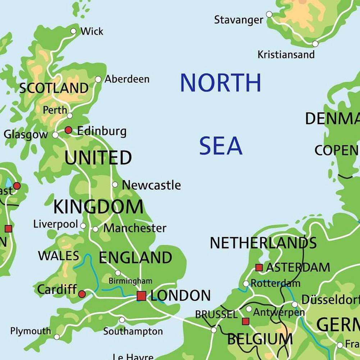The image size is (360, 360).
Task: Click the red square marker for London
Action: pos(141,296)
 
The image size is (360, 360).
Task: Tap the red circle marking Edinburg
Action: pos(68,130)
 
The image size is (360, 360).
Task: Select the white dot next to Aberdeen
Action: pos(98,79)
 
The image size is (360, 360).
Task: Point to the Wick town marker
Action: pos(73,31)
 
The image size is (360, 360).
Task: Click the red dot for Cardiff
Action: pos(82,294)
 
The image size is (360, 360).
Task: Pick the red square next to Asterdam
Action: pos(259,268)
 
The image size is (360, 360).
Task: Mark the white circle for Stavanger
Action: pos(269,14)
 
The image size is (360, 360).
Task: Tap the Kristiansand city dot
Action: pos(315,44)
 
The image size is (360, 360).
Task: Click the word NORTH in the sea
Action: pos(220,83)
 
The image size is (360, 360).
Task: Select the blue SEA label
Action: pos(221,146)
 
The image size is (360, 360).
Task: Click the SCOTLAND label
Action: pos(54,88)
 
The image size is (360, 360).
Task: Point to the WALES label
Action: pos(58,256)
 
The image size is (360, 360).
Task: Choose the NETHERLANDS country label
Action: pos(263,243)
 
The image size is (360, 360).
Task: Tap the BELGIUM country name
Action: pos(260,339)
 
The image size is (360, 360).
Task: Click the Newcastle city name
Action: pos(151,185)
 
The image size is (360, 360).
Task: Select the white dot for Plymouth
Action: pos(57,337)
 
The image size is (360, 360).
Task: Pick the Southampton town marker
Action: pos(122,320)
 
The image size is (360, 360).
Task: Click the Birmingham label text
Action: pos(131,281)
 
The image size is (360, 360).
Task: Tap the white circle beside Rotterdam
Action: pos(246,284)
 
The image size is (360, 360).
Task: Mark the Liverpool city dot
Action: pos(83,226)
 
